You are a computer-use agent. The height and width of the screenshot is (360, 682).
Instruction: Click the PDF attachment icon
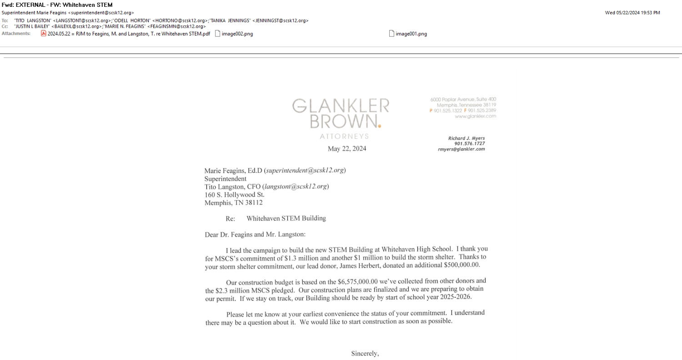44,33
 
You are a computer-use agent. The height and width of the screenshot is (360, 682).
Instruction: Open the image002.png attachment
237,34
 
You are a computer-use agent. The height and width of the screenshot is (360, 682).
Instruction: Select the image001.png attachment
411,34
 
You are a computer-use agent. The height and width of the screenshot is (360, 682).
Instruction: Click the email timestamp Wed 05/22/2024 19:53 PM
632,13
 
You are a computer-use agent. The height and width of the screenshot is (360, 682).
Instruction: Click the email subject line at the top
57,5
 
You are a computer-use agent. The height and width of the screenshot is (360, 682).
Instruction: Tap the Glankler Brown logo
341,114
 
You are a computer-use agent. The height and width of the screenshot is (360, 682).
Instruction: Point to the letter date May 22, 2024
347,149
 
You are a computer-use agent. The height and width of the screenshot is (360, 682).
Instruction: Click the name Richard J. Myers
466,138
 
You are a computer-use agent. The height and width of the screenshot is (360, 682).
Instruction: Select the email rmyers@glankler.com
461,149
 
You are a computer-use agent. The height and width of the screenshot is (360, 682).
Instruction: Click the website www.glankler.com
475,116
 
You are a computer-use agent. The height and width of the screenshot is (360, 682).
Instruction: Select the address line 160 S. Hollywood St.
234,195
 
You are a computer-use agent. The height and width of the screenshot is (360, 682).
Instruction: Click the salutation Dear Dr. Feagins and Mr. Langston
255,235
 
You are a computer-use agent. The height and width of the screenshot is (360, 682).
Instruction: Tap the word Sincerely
365,353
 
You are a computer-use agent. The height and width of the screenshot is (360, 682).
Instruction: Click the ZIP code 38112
254,203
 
